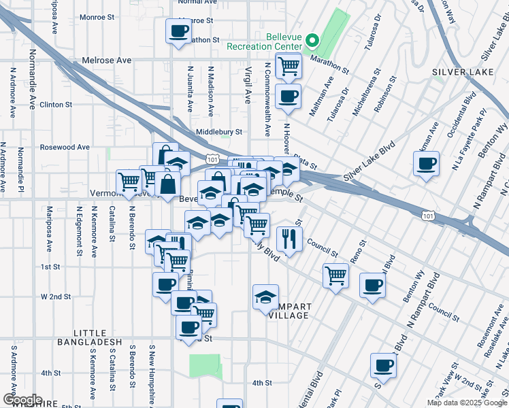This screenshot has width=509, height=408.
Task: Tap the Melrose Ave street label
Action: pos(106,61)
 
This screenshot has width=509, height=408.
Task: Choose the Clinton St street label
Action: pos(56,105)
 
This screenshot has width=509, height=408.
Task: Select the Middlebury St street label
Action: pos(219,132)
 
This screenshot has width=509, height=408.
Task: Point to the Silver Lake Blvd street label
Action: pos(370,161)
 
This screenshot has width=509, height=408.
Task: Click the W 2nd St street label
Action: pos(56,297)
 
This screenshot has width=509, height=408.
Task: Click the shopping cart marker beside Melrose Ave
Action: pos(289,67)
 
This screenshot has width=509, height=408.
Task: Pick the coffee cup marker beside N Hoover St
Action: pos(289,96)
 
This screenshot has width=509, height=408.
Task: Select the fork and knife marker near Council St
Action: pos(289,238)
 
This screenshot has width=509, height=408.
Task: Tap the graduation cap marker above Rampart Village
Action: pos(265,296)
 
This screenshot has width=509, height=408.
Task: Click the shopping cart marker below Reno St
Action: pos(335,275)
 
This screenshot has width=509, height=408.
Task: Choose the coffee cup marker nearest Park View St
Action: pos(384,366)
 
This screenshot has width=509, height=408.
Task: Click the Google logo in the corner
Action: pos(22,400)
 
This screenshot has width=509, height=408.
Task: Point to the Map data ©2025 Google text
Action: pos(467,403)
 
